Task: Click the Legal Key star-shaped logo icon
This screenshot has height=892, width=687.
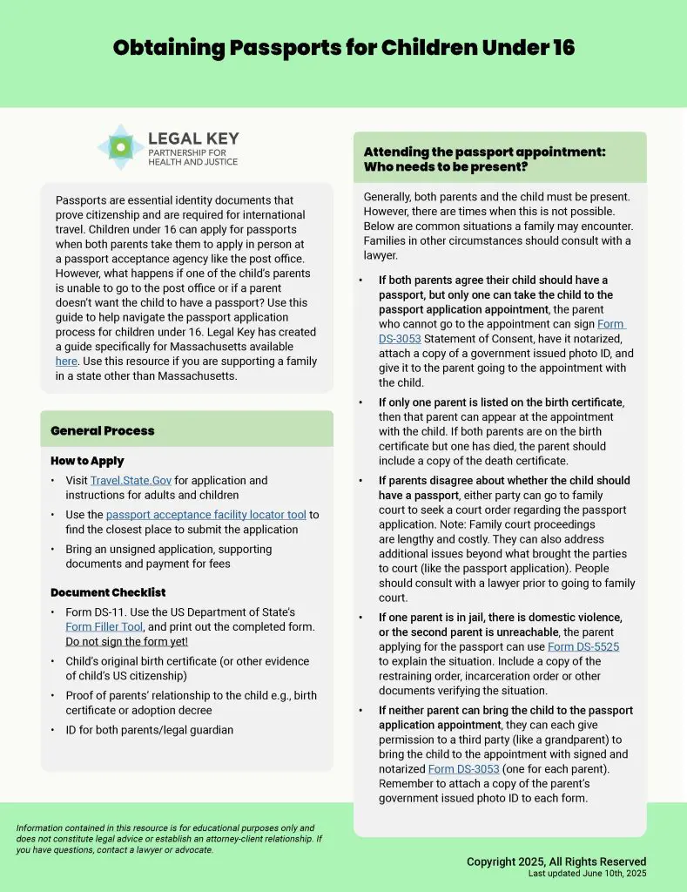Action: coord(121,147)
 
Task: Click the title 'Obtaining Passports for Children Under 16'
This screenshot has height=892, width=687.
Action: coord(344,47)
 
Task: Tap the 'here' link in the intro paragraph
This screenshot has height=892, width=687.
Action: coord(66,361)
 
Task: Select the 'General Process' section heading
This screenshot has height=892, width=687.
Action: coord(103,430)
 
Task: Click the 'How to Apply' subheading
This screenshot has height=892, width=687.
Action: coord(87,461)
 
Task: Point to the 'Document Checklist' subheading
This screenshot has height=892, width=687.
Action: coord(108,592)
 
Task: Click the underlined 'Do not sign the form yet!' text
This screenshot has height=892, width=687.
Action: coord(126,642)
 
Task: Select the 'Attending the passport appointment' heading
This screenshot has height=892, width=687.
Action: coord(484,159)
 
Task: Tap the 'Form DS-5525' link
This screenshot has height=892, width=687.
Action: coord(583,647)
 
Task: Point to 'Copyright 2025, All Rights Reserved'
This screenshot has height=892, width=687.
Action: coord(556,862)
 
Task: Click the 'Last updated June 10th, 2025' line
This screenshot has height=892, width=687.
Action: coord(587,874)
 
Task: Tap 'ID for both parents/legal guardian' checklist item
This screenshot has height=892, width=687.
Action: coord(150,730)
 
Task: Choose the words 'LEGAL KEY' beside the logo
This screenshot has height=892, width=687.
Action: coord(193,139)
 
